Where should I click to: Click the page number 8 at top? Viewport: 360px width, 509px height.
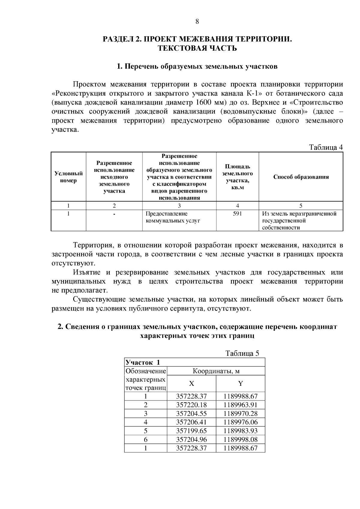[x=197, y=21]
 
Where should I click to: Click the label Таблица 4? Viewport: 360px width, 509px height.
[x=326, y=147]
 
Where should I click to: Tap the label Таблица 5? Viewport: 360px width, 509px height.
[x=242, y=353]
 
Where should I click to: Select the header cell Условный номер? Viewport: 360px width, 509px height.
[x=68, y=177]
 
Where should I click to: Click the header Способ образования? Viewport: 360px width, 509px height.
[x=301, y=177]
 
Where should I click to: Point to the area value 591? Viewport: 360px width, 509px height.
[x=237, y=214]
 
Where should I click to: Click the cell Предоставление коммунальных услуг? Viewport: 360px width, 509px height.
[x=172, y=217]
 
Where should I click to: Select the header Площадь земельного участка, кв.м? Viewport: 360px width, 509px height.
[x=237, y=177]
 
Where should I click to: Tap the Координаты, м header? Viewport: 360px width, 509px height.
[x=216, y=371]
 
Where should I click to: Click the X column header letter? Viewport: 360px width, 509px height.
[x=191, y=384]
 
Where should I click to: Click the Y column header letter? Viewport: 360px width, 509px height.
[x=240, y=384]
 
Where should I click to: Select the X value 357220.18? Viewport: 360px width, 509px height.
[x=191, y=405]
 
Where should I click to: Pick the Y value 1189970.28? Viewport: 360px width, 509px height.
[x=240, y=414]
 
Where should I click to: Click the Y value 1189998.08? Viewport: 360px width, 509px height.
[x=240, y=440]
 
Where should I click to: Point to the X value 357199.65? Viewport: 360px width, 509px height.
[x=191, y=431]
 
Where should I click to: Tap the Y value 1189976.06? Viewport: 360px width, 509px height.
[x=240, y=422]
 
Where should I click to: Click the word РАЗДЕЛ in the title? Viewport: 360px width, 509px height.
[x=117, y=39]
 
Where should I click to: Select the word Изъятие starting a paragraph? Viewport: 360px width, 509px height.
[x=87, y=272]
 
